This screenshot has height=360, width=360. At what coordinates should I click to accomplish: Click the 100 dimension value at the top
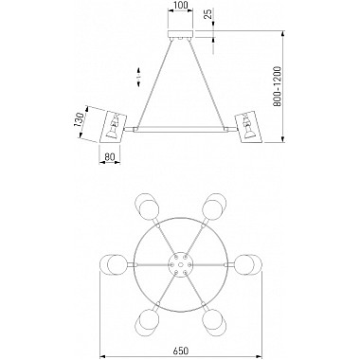181,9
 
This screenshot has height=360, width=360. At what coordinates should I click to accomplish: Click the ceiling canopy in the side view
181,37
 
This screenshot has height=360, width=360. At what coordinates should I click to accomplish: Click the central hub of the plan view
179,262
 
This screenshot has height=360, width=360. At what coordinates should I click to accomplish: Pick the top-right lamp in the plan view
214,205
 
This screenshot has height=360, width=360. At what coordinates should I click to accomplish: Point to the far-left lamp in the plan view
114,262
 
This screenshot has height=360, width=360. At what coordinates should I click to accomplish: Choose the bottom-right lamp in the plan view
215,319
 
